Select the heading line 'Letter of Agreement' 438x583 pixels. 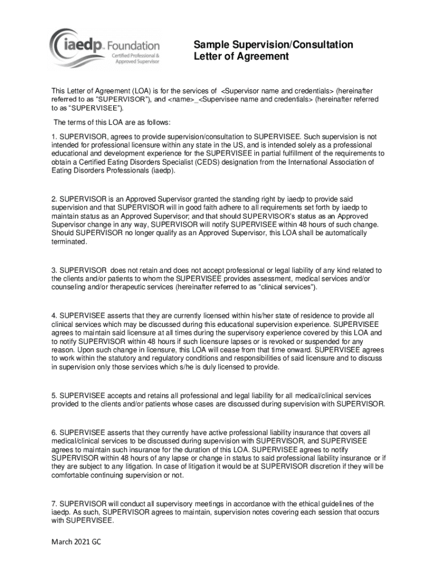(x=241, y=57)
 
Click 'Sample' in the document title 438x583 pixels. (x=210, y=44)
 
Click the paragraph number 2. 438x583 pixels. (x=54, y=199)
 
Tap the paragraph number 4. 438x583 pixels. (x=54, y=315)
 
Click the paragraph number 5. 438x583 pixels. (x=54, y=395)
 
